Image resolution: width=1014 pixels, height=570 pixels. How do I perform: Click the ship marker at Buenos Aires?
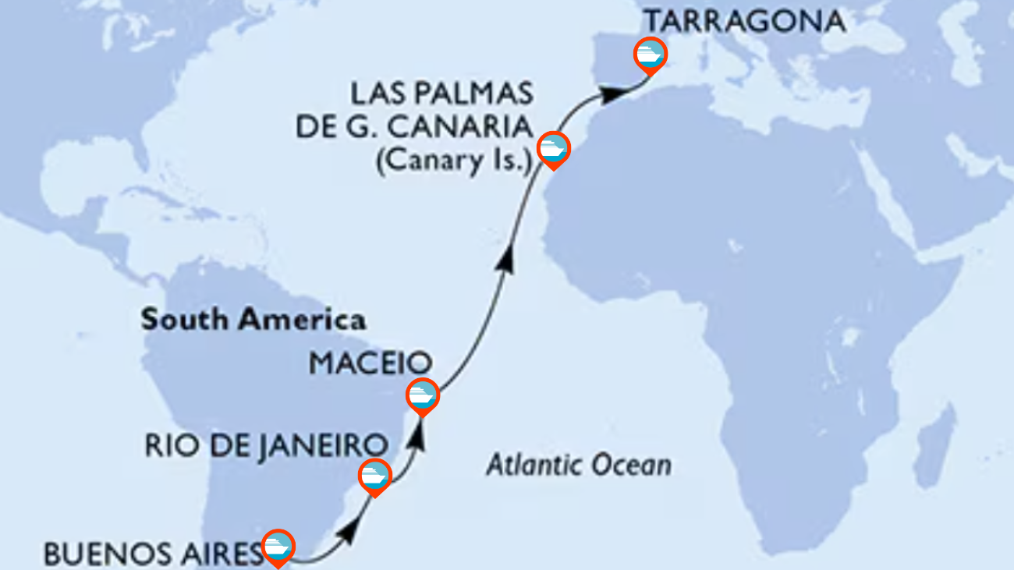click(278, 547)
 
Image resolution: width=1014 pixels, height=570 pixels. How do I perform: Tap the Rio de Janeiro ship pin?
click(374, 476)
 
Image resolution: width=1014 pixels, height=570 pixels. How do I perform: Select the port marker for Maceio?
click(422, 395)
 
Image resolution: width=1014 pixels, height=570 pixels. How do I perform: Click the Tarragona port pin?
click(649, 55)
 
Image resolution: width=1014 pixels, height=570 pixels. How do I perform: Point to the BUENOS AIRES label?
click(152, 554)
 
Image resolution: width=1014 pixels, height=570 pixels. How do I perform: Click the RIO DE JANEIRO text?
click(265, 445)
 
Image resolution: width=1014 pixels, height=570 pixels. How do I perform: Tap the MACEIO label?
click(370, 363)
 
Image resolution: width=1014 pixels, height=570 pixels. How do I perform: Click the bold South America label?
click(253, 320)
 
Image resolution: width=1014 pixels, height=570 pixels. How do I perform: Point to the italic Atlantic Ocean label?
click(579, 466)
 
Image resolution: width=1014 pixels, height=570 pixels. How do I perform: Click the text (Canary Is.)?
click(453, 164)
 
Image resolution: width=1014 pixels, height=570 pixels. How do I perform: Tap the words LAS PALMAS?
click(441, 95)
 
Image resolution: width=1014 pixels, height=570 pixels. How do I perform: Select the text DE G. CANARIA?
click(413, 128)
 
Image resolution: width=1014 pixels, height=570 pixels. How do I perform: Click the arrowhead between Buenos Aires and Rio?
click(350, 533)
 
